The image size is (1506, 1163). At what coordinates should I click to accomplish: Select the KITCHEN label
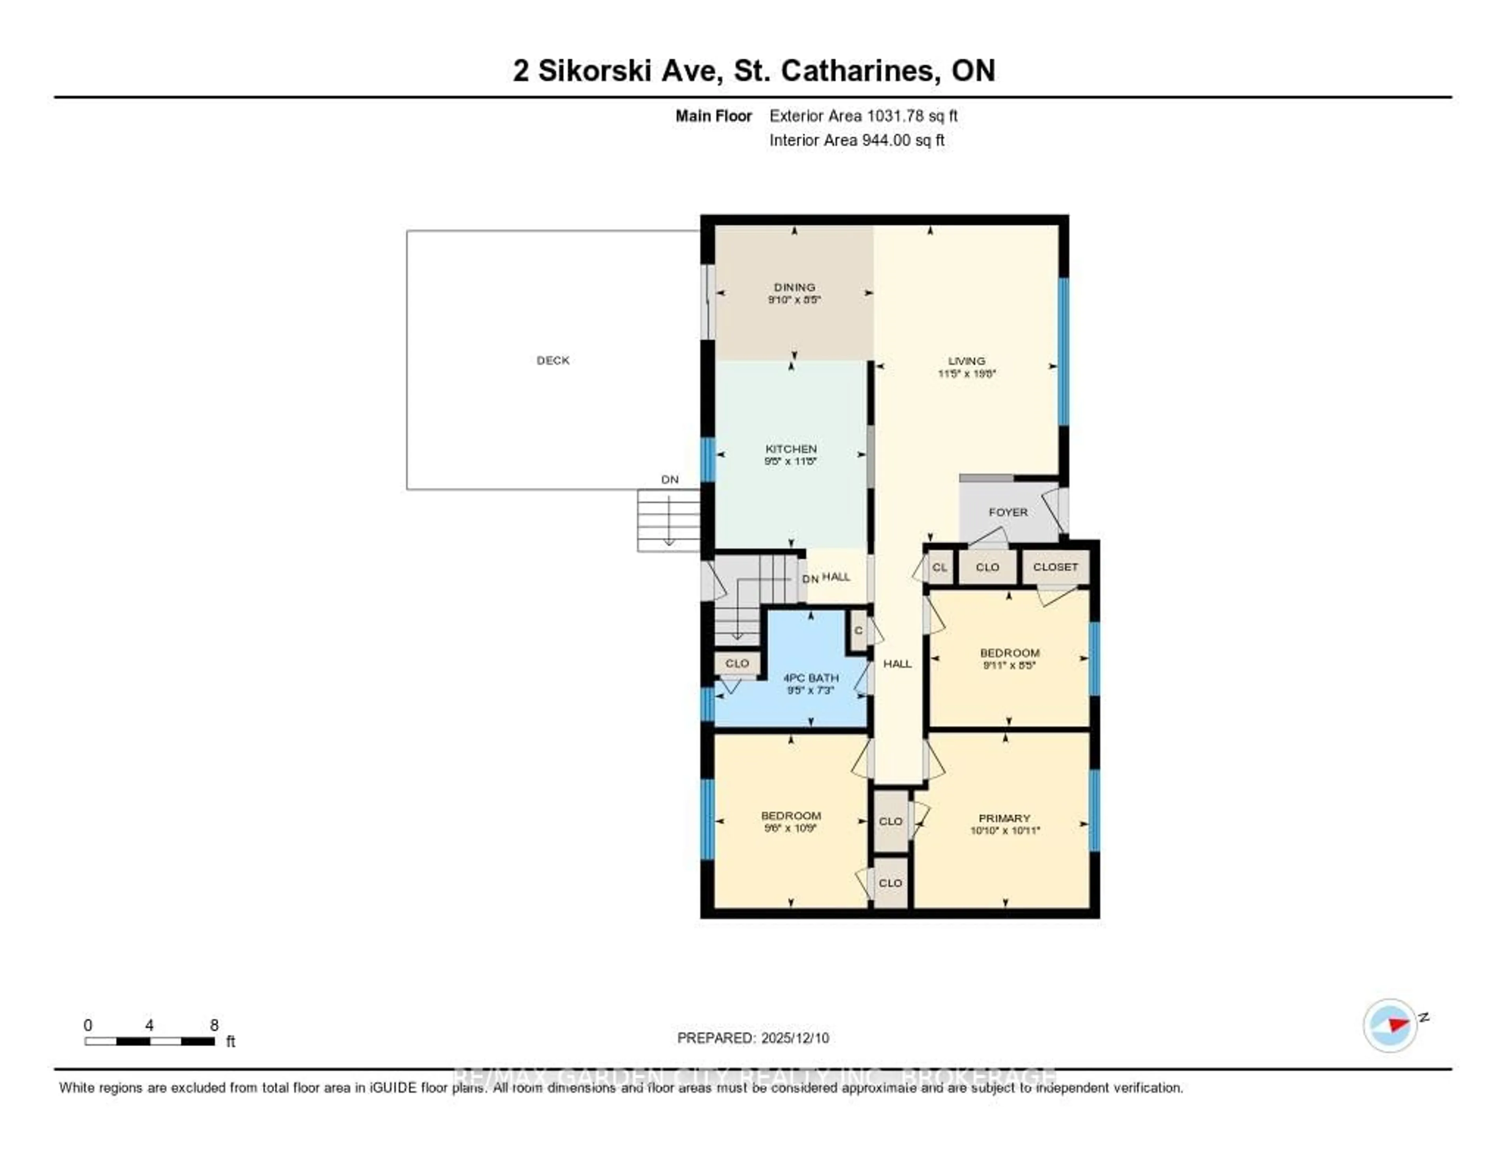tap(791, 449)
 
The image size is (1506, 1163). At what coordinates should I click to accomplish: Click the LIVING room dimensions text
tap(967, 374)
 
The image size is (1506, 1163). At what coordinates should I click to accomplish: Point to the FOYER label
tap(1008, 512)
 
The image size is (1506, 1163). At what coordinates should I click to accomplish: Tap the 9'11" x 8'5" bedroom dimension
tap(1009, 665)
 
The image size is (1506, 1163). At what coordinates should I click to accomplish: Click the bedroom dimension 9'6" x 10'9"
tap(791, 828)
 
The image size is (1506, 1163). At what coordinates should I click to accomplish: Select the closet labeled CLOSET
tap(1055, 567)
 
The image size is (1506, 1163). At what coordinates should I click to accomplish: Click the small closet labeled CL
tap(939, 567)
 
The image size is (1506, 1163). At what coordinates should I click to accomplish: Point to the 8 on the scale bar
tap(215, 1025)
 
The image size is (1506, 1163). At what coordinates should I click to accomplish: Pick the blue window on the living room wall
tap(1063, 352)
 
